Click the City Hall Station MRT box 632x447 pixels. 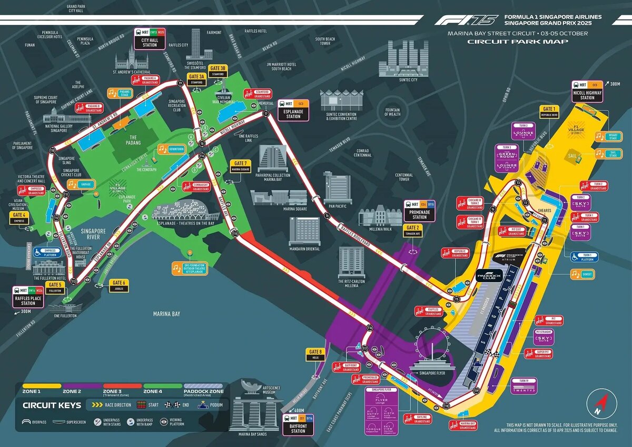point(150,38)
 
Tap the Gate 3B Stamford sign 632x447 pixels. point(218,71)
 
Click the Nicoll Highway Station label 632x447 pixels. point(587,91)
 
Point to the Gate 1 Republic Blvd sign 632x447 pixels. point(549,112)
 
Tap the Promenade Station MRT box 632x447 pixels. point(419,211)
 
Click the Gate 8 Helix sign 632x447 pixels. point(315,354)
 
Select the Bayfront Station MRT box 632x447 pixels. point(298,424)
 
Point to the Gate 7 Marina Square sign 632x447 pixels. point(240,166)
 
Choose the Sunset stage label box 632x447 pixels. point(583,274)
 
